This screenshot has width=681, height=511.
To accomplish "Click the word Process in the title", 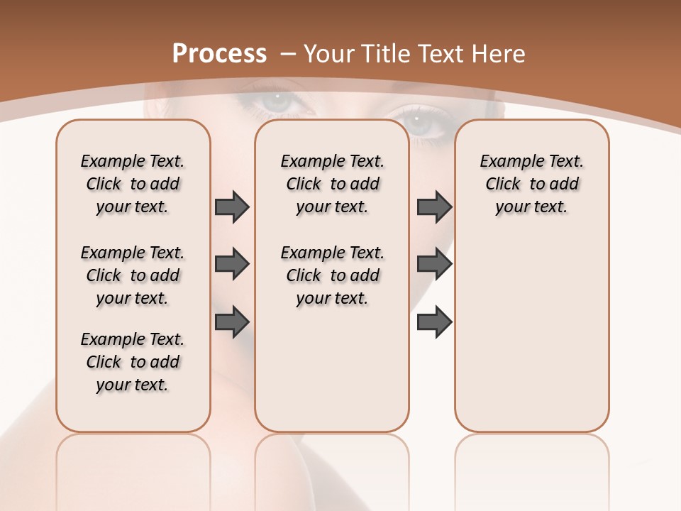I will [220, 53].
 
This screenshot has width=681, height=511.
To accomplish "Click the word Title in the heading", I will [388, 54].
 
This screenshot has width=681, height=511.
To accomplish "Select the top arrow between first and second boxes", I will [232, 207].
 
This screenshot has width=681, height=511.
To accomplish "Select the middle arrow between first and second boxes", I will [232, 264].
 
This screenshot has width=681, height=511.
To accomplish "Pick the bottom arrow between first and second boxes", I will [232, 321].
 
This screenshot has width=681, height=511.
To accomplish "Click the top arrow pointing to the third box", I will [434, 207].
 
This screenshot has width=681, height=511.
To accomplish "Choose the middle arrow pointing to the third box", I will [434, 264].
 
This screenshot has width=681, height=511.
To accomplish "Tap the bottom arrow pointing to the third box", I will [434, 321].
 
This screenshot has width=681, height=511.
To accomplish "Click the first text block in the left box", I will [133, 184].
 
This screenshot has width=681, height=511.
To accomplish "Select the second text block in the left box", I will [133, 275].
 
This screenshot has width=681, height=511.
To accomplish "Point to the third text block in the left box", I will [133, 362].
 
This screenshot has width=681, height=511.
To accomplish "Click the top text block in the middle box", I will [332, 184].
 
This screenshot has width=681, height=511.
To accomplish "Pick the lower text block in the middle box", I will [332, 275].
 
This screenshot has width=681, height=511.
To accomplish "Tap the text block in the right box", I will [531, 184].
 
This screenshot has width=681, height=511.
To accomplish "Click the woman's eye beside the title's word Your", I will [282, 101].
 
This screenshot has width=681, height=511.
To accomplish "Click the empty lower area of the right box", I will [531, 341].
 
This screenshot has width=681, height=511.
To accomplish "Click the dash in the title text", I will [288, 54].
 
